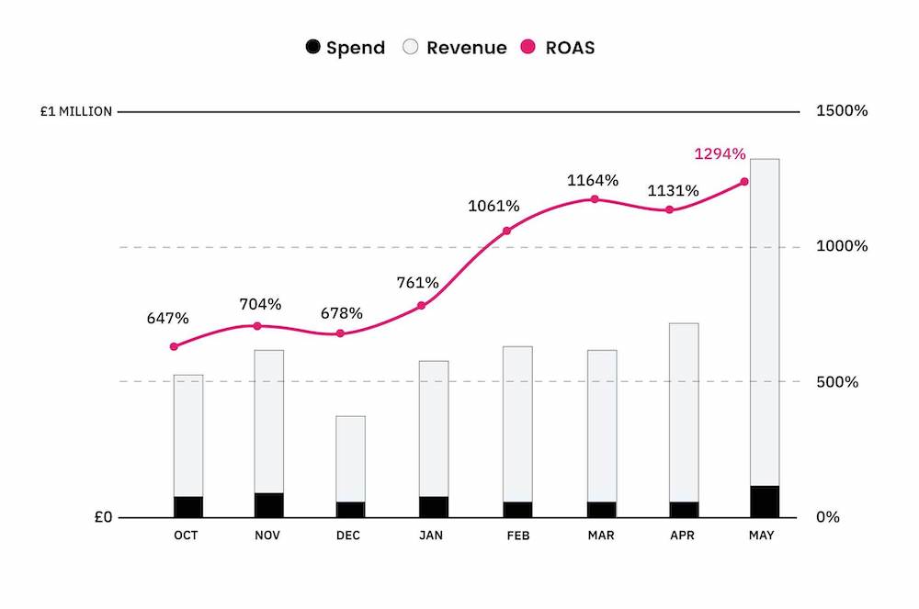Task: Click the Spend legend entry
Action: coord(346,48)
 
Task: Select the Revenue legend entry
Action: coord(456,48)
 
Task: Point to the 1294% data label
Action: coord(720,154)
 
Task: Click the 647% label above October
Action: coord(167,319)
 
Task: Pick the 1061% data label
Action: coord(494,206)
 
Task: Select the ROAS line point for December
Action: coord(340,333)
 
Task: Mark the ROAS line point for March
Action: coord(595,199)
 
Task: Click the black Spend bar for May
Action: coord(765,502)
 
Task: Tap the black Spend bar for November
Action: coord(268,505)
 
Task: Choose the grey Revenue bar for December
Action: coord(350,458)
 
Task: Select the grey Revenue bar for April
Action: coord(684,412)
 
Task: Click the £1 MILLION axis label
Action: coord(76,112)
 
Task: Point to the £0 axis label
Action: coord(102,517)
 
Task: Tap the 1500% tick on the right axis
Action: coord(841,111)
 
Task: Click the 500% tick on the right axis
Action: coord(837,382)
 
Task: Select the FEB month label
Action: coord(518,536)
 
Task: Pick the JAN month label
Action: coord(434,536)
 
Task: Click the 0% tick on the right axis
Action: coord(828,517)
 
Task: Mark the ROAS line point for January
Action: coord(422,306)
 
